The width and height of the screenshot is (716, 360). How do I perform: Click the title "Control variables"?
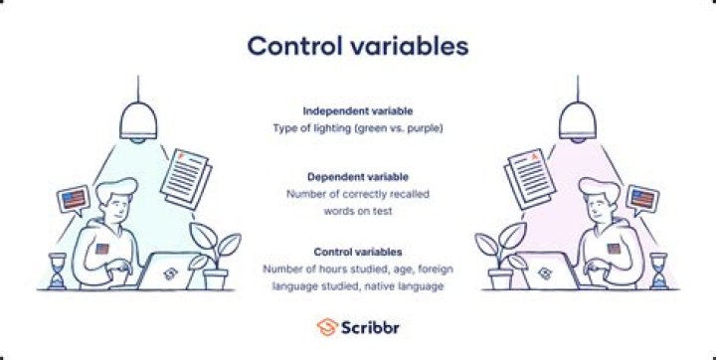[357, 47]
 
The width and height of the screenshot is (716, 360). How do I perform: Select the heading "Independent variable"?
[357, 110]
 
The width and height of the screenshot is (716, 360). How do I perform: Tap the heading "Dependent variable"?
[357, 176]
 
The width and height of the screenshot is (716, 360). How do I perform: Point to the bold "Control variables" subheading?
[357, 252]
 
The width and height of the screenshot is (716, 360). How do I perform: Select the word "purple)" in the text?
[422, 128]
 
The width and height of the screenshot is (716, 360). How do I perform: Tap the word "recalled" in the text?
[408, 194]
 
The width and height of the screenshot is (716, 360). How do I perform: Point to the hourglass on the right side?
[657, 270]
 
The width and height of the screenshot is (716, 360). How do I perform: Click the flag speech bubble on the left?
[73, 201]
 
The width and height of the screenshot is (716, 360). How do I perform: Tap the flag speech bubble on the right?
[641, 201]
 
